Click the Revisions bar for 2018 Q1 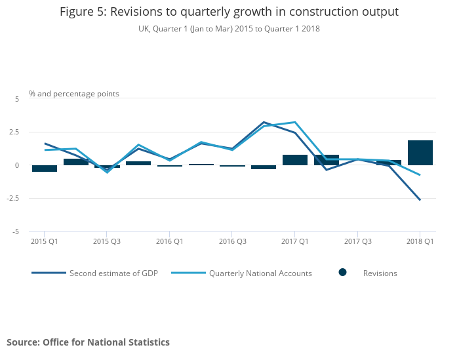click(420, 153)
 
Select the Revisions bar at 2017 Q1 click(295, 160)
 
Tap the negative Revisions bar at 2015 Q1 click(45, 169)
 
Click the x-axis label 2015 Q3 click(107, 242)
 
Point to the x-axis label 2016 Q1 click(169, 242)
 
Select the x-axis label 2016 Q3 click(232, 242)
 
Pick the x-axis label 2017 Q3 click(357, 242)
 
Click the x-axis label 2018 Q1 click(420, 242)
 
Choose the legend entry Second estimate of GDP click(111, 273)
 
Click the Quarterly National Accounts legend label click(260, 273)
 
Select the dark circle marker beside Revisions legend click(342, 273)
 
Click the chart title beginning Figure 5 click(229, 12)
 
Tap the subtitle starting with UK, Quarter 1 click(229, 29)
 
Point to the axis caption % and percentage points click(74, 94)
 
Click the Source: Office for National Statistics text click(88, 342)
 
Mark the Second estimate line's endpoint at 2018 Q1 click(420, 199)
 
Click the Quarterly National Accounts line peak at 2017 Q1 click(295, 122)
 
